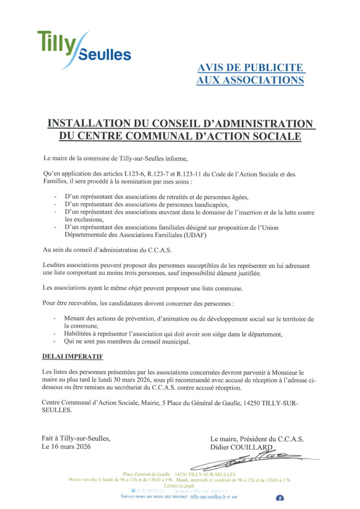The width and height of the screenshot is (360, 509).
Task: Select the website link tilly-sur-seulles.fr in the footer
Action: click(x=212, y=496)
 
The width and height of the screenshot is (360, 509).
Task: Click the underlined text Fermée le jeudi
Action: click(x=180, y=485)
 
